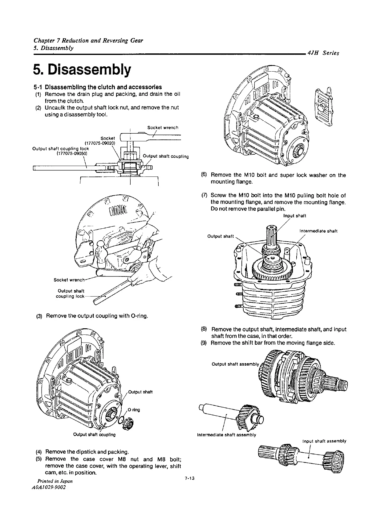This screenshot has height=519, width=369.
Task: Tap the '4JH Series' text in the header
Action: coord(323,53)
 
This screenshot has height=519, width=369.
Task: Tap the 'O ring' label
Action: coord(134,410)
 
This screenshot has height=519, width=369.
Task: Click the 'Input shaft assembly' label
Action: coord(324,441)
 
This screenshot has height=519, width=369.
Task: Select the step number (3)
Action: coord(39,316)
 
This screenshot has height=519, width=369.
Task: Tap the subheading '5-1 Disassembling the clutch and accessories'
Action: coord(97,87)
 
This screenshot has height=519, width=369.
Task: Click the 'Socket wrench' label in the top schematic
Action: coord(163,127)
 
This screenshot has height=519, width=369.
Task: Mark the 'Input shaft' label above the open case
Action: coord(294,216)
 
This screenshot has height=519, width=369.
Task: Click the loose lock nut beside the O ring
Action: coord(127,425)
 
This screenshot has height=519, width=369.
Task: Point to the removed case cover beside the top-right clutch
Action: coord(323,104)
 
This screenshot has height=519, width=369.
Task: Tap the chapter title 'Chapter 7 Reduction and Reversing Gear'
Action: coord(88,41)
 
